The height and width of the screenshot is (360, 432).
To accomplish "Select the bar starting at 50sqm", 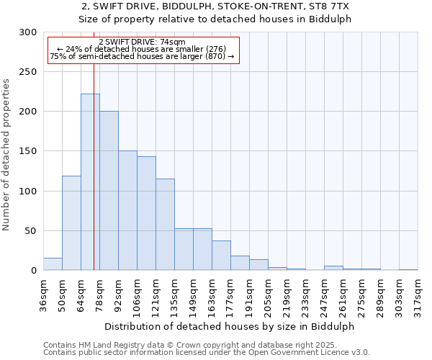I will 71,223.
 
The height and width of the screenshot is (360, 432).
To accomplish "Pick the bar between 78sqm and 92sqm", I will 109,191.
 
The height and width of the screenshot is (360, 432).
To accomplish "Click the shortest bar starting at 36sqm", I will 53,264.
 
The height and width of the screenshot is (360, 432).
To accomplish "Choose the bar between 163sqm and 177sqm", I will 221,256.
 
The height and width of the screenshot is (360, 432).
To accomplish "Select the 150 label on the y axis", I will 28,152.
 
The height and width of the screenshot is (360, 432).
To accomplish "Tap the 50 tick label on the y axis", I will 31,231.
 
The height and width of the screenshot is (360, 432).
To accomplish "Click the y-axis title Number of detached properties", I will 6,155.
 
